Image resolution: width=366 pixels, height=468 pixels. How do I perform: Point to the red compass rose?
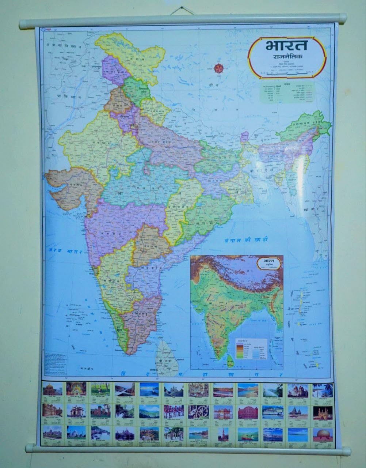click(218, 68)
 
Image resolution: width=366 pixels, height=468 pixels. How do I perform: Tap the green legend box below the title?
click(287, 92)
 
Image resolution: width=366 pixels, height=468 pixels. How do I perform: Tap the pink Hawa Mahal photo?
click(248, 412)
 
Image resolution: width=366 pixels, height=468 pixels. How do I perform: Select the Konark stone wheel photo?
click(198, 412)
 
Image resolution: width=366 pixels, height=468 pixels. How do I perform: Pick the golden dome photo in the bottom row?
click(323, 434)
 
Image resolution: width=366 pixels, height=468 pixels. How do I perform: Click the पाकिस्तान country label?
click(61, 96)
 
